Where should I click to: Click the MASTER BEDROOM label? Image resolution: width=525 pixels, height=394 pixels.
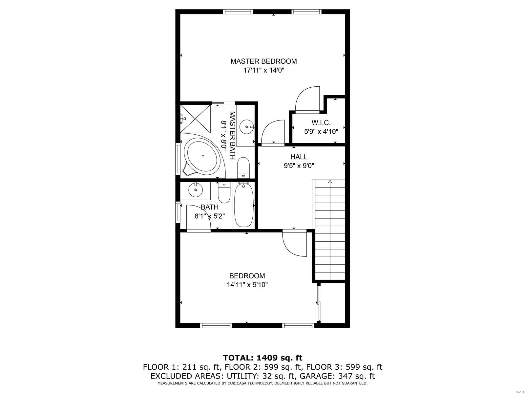[263, 61]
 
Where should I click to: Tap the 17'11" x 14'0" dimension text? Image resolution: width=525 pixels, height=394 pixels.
[263, 70]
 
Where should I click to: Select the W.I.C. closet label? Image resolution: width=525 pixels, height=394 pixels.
[321, 122]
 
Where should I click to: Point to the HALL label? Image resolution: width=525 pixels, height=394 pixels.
[299, 157]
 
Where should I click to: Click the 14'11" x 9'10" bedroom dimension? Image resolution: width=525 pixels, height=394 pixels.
[247, 285]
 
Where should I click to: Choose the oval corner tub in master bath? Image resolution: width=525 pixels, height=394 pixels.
[202, 157]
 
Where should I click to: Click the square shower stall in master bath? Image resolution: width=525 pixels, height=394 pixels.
[196, 118]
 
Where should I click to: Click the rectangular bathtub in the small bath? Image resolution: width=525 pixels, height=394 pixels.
[243, 206]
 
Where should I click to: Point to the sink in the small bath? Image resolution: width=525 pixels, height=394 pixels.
[196, 190]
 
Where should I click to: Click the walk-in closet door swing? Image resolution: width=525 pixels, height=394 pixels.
[307, 99]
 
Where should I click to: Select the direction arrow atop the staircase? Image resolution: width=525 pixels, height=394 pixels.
[330, 182]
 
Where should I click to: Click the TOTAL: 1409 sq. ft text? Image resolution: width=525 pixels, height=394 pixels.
[262, 358]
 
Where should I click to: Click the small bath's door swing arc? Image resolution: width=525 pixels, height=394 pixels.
[199, 219]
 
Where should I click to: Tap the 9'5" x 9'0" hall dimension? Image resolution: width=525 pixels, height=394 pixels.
[299, 166]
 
